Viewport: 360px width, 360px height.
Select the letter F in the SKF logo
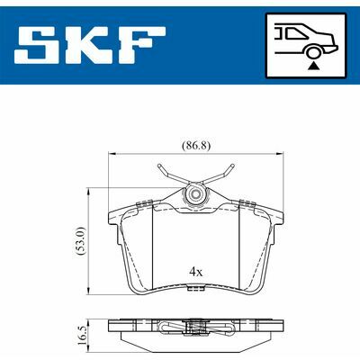pos(142,45)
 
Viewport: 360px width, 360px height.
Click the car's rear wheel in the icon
pos(313,52)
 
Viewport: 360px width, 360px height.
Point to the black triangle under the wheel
pos(313,66)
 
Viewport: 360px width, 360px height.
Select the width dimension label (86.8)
pos(196,146)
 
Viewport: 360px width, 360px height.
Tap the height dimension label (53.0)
pos(81,241)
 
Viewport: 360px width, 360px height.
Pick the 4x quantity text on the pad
pos(196,272)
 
